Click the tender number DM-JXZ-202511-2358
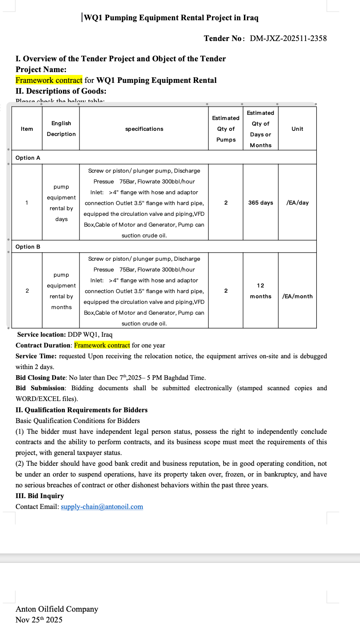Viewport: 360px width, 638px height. coord(288,38)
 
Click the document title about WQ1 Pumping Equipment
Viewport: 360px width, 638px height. coord(171,18)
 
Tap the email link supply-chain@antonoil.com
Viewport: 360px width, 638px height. coord(102,507)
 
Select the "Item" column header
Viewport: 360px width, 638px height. coord(27,129)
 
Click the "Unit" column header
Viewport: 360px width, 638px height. coord(297,129)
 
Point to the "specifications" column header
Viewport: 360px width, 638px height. coord(144,129)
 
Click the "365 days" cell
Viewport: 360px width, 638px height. coord(261,202)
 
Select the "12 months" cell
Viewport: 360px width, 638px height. coord(261,291)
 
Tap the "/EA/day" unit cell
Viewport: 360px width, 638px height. coord(297,202)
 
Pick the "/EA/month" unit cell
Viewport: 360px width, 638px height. coord(297,296)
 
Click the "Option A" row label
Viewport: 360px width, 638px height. coord(28,158)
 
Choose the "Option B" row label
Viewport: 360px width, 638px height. coord(28,247)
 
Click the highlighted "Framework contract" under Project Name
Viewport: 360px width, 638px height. coord(49,80)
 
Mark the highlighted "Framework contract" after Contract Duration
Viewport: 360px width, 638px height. coord(102,345)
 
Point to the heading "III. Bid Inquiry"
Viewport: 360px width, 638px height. coord(40,496)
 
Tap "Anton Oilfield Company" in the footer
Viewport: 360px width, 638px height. coord(57,609)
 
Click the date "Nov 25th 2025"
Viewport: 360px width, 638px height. coord(39,620)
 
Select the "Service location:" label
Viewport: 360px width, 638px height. coord(41,335)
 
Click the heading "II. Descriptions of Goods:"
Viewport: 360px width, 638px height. coord(61,91)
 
